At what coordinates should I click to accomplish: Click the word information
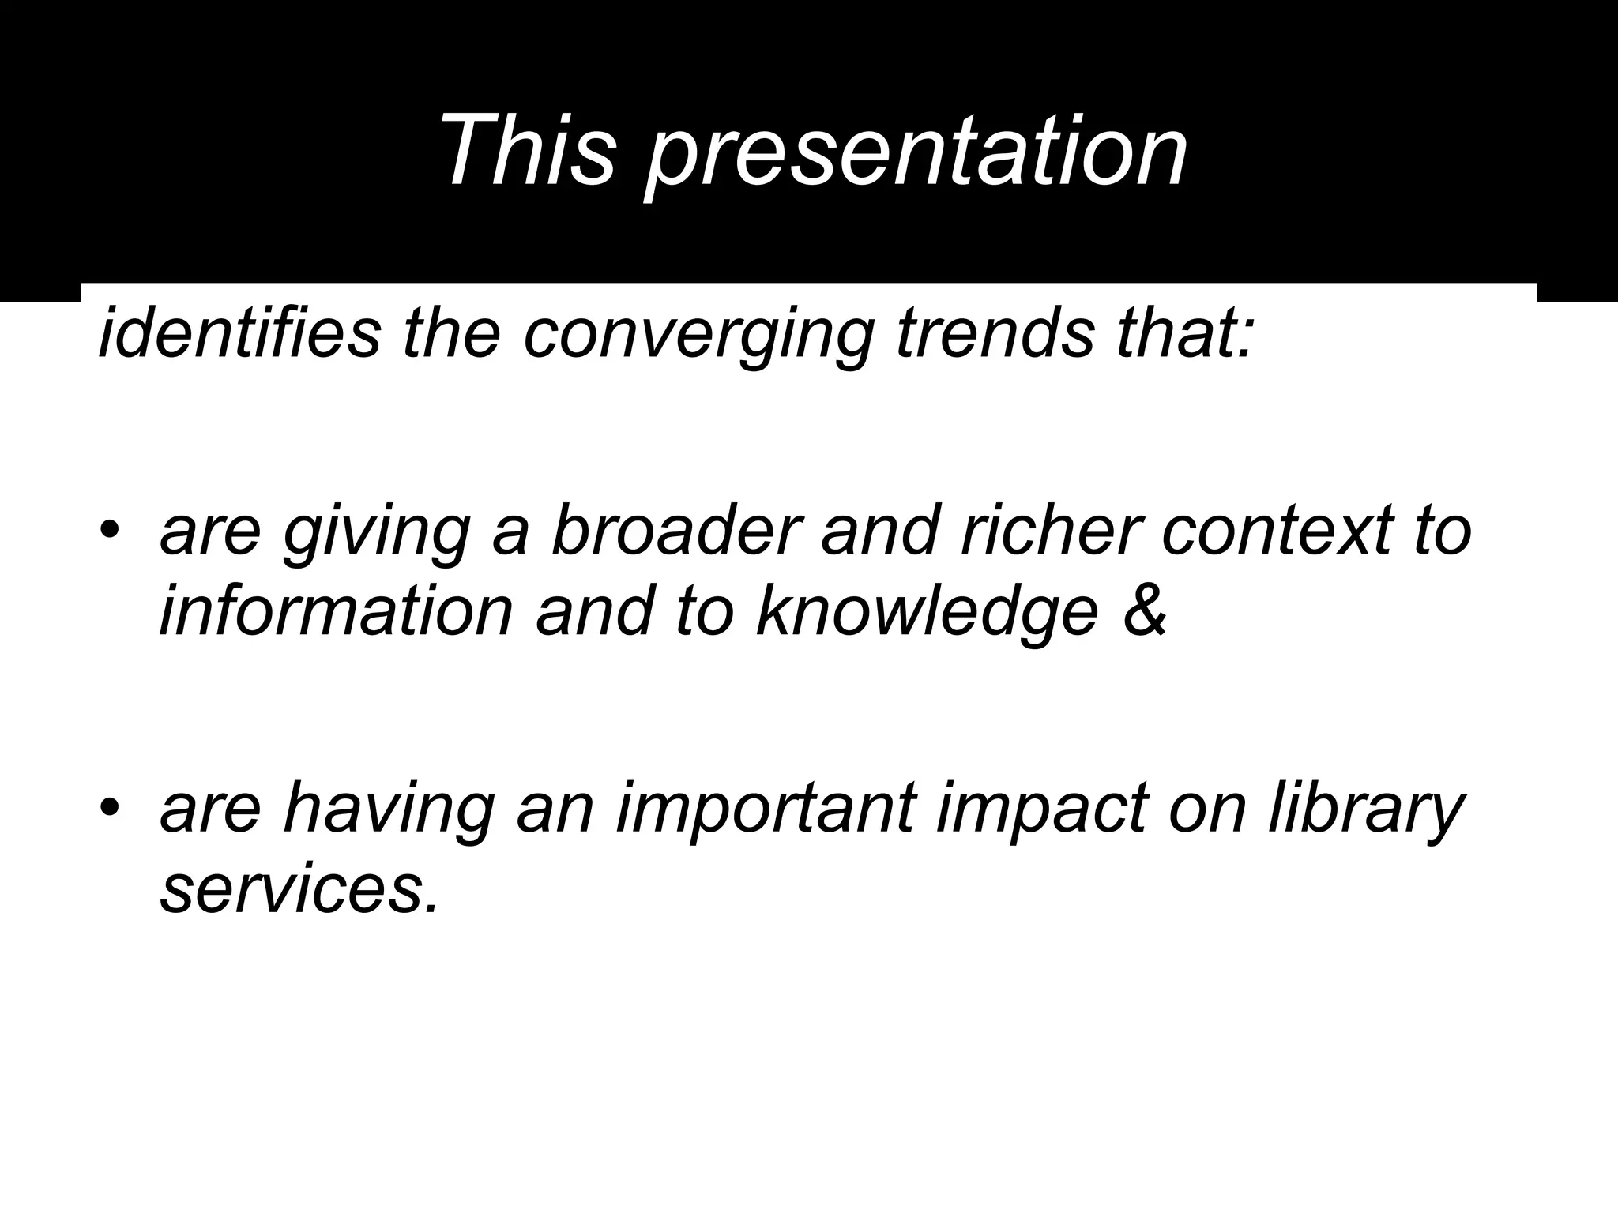click(337, 612)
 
